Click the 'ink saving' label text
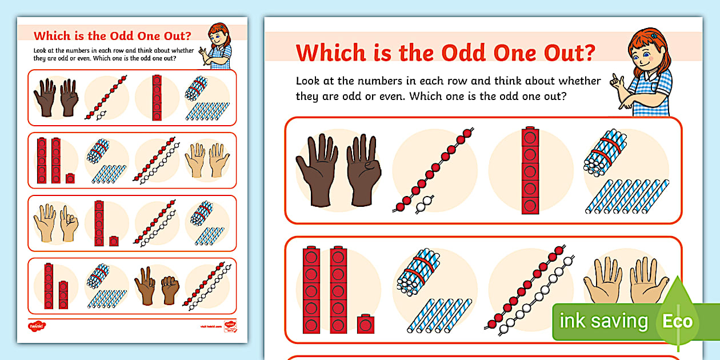(x=604, y=321)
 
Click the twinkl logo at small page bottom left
(x=36, y=326)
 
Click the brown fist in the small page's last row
(x=170, y=290)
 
